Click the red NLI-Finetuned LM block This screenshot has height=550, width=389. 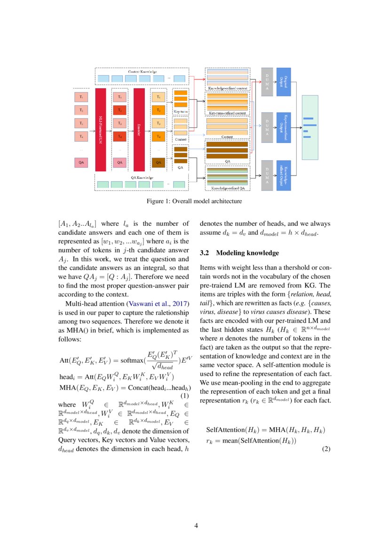pyautogui.click(x=100, y=129)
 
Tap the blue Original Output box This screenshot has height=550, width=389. pyautogui.click(x=284, y=82)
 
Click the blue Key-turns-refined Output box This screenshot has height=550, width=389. pyautogui.click(x=284, y=127)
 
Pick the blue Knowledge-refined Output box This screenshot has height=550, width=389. pyautogui.click(x=284, y=175)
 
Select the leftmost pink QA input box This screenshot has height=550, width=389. pyautogui.click(x=81, y=162)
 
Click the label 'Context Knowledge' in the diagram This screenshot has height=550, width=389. pyautogui.click(x=143, y=71)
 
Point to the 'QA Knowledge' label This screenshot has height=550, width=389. pyautogui.click(x=142, y=177)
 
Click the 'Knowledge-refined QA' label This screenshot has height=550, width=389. pyautogui.click(x=228, y=188)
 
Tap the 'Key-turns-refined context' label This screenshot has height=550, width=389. pyautogui.click(x=228, y=113)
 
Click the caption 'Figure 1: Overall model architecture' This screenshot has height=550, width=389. pyautogui.click(x=194, y=201)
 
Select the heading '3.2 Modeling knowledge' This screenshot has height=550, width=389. pyautogui.click(x=239, y=253)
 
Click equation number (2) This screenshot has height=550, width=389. pyautogui.click(x=326, y=449)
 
